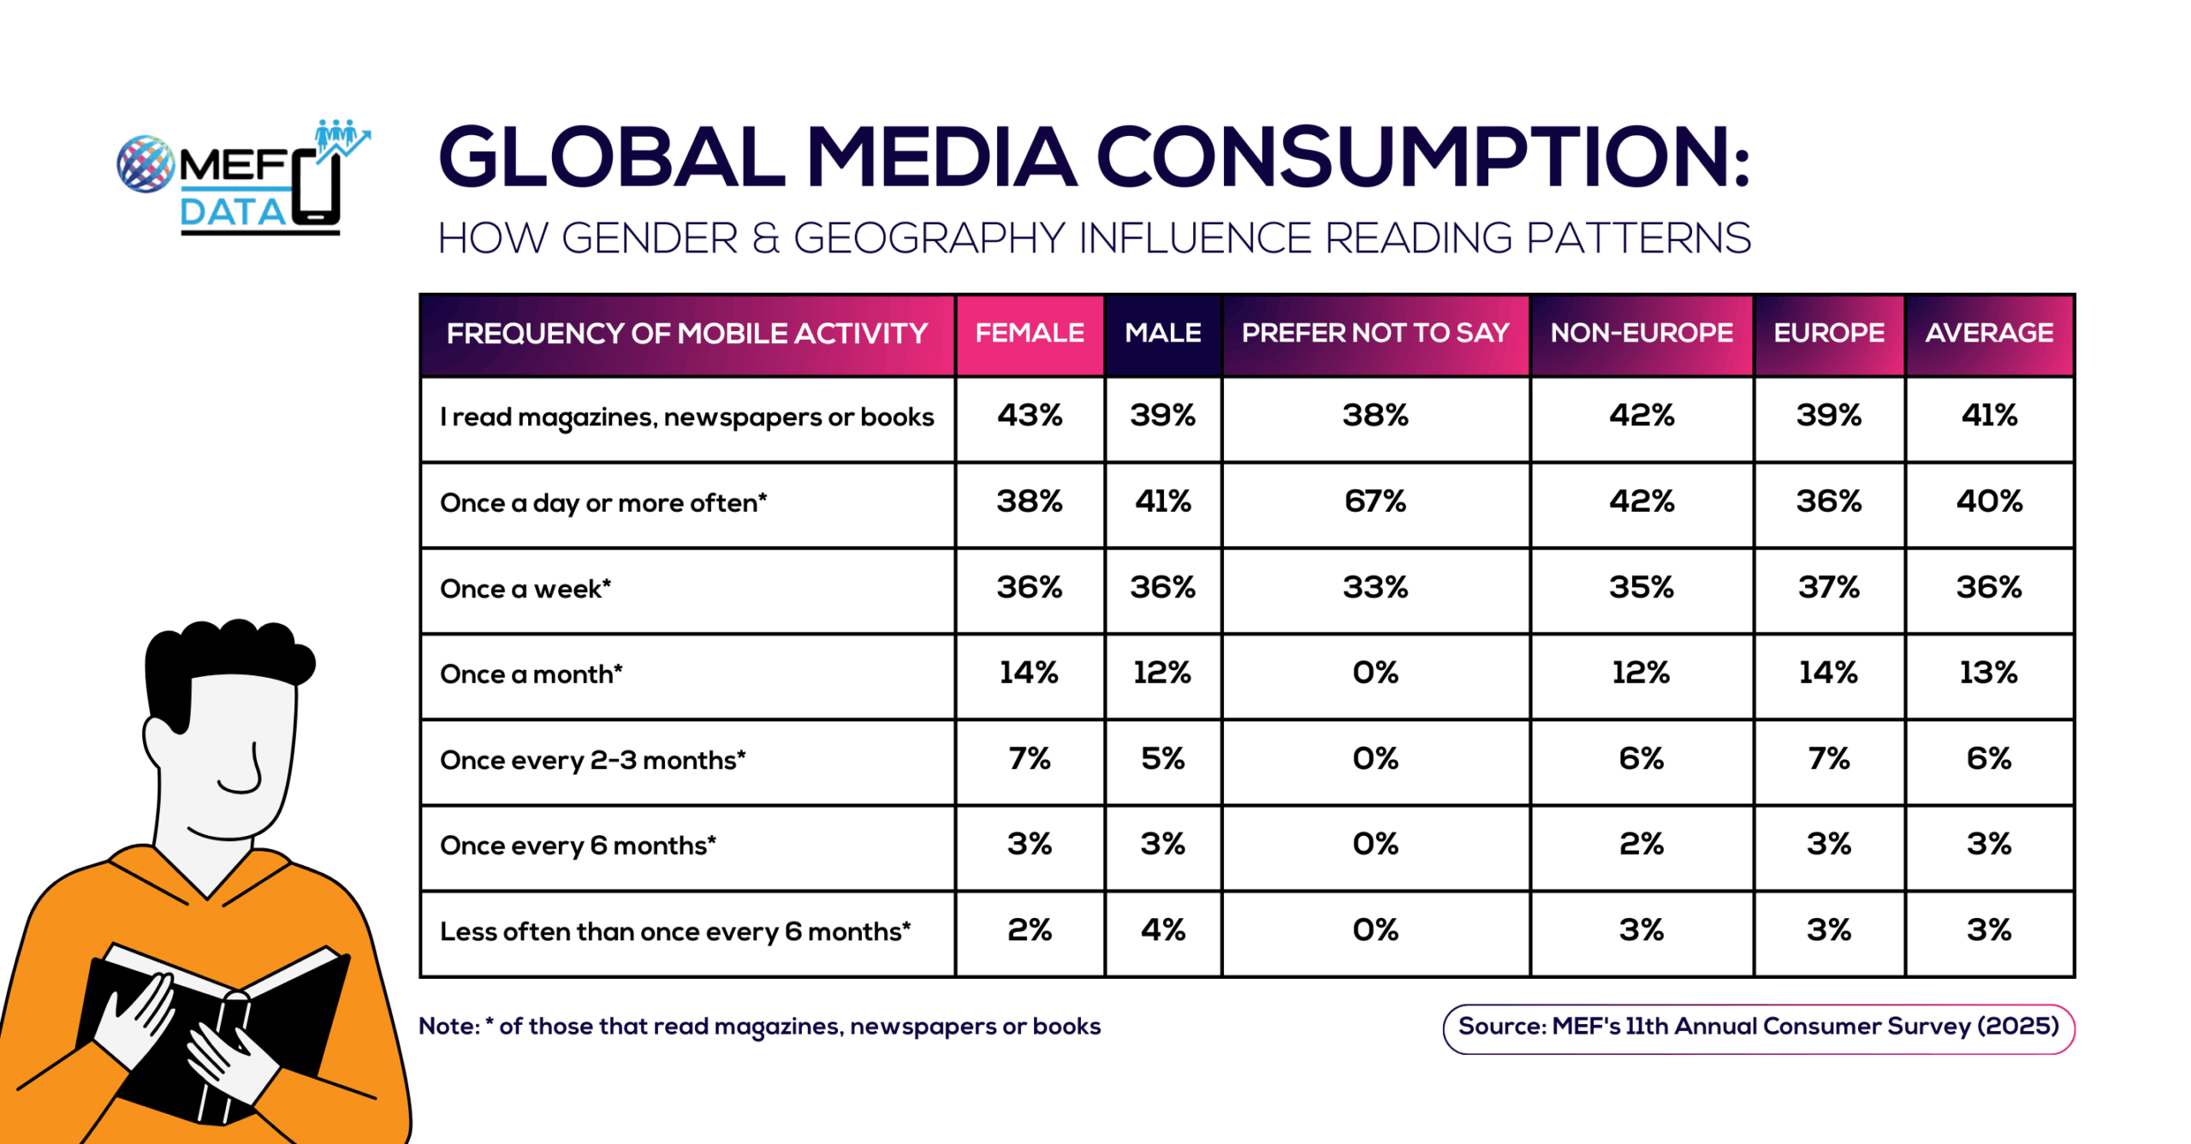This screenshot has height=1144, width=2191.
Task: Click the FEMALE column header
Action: pyautogui.click(x=1029, y=333)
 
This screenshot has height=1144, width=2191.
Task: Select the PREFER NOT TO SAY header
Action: pyautogui.click(x=1375, y=333)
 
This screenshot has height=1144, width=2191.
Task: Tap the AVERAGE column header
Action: pyautogui.click(x=1988, y=333)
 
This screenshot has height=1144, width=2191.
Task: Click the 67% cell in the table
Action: pyautogui.click(x=1375, y=501)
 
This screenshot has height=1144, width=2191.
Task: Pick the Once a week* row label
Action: pyautogui.click(x=525, y=589)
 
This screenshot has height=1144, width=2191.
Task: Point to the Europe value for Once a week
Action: pyautogui.click(x=1828, y=588)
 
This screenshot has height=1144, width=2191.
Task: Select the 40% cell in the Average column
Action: pyautogui.click(x=1988, y=501)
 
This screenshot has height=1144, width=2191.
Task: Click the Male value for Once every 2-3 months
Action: pyautogui.click(x=1162, y=759)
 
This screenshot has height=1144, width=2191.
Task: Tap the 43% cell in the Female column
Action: pyautogui.click(x=1029, y=416)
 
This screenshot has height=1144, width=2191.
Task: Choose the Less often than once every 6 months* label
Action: pyautogui.click(x=674, y=931)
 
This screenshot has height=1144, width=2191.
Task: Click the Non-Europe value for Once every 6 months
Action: pyautogui.click(x=1641, y=845)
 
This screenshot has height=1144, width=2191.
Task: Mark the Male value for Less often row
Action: pyautogui.click(x=1162, y=930)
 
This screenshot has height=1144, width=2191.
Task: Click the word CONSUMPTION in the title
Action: pyautogui.click(x=1421, y=157)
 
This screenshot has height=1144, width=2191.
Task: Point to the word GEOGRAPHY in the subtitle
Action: pyautogui.click(x=929, y=238)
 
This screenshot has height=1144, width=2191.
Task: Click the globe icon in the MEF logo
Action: pyautogui.click(x=145, y=163)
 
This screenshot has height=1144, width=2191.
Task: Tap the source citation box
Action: pyautogui.click(x=1757, y=1027)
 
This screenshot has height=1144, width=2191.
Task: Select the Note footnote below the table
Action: pyautogui.click(x=758, y=1026)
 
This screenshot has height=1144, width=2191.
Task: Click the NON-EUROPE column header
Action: pyautogui.click(x=1641, y=333)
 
